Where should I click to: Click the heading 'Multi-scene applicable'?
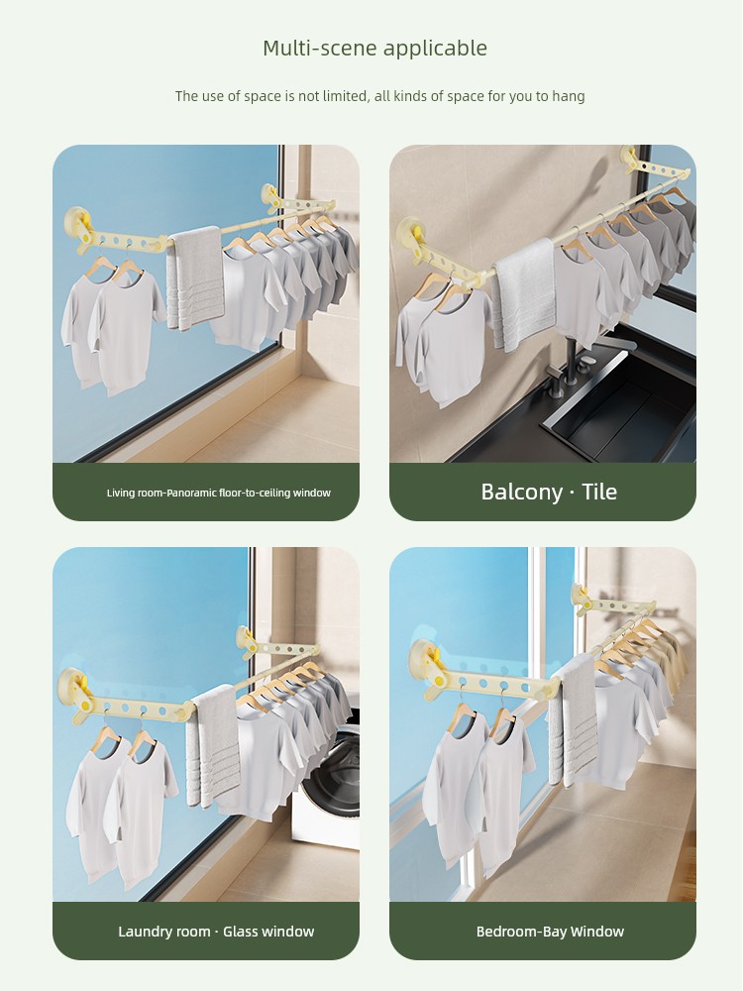[374, 48]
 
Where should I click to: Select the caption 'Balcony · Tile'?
[549, 492]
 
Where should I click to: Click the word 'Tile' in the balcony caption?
[599, 492]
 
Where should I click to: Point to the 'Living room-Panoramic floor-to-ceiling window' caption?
[219, 493]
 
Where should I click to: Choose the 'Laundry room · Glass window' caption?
[216, 932]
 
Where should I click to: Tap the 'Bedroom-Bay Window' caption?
[550, 932]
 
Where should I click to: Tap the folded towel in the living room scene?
[196, 278]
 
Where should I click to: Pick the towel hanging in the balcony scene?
[524, 294]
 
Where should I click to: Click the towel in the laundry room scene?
[215, 746]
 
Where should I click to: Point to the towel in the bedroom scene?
[573, 720]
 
